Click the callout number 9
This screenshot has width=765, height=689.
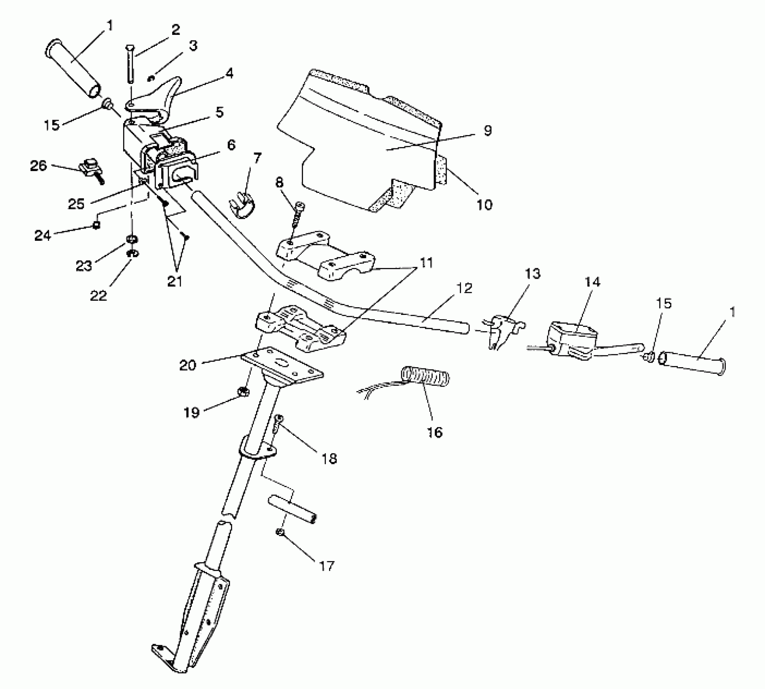click(488, 131)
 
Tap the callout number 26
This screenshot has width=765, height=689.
click(38, 166)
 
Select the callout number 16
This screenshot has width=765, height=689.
click(435, 432)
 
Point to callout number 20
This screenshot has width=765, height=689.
click(188, 365)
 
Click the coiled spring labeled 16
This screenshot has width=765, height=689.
click(425, 376)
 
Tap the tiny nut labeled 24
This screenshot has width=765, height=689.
click(96, 225)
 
